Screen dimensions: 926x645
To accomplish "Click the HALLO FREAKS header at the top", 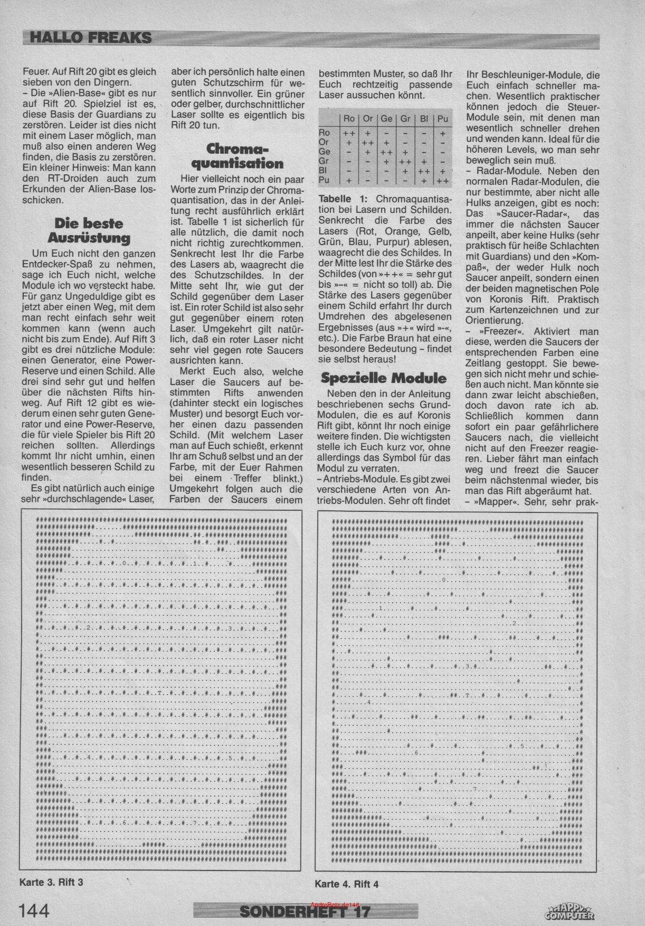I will pos(90,37).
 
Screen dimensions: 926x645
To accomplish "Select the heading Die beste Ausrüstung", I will pos(92,230).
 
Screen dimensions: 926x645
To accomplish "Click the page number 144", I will pos(34,910).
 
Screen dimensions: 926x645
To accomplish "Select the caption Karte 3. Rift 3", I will pos(51,882).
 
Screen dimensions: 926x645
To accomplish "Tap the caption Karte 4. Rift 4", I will pos(347,884).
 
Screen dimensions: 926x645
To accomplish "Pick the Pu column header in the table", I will pos(443,118).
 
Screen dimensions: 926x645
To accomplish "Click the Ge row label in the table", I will pos(325,152).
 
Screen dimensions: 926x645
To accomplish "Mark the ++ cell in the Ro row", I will pos(349,133).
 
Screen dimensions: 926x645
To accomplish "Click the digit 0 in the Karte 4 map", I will pos(444,581).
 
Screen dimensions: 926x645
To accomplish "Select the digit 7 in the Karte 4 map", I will pos(476,789).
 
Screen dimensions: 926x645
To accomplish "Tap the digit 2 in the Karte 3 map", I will pos(89,628).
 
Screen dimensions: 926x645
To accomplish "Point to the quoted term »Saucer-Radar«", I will pos(521,214).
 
